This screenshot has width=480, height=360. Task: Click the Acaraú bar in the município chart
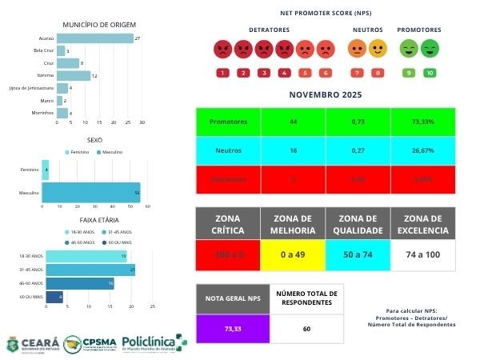click(x=94, y=38)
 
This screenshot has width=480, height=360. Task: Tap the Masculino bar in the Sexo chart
click(x=90, y=194)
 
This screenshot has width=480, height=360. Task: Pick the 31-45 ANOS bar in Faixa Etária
click(x=90, y=270)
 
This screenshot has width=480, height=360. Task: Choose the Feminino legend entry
click(x=78, y=152)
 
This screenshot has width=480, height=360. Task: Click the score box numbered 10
click(x=430, y=73)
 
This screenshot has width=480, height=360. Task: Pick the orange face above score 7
click(x=356, y=50)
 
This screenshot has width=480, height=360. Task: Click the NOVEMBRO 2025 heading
click(x=325, y=95)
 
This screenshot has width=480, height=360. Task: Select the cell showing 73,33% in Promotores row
click(x=422, y=122)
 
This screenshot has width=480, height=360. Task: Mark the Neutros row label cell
click(x=228, y=150)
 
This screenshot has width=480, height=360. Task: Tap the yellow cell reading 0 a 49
click(x=292, y=256)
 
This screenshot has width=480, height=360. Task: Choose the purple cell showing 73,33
click(x=232, y=328)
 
